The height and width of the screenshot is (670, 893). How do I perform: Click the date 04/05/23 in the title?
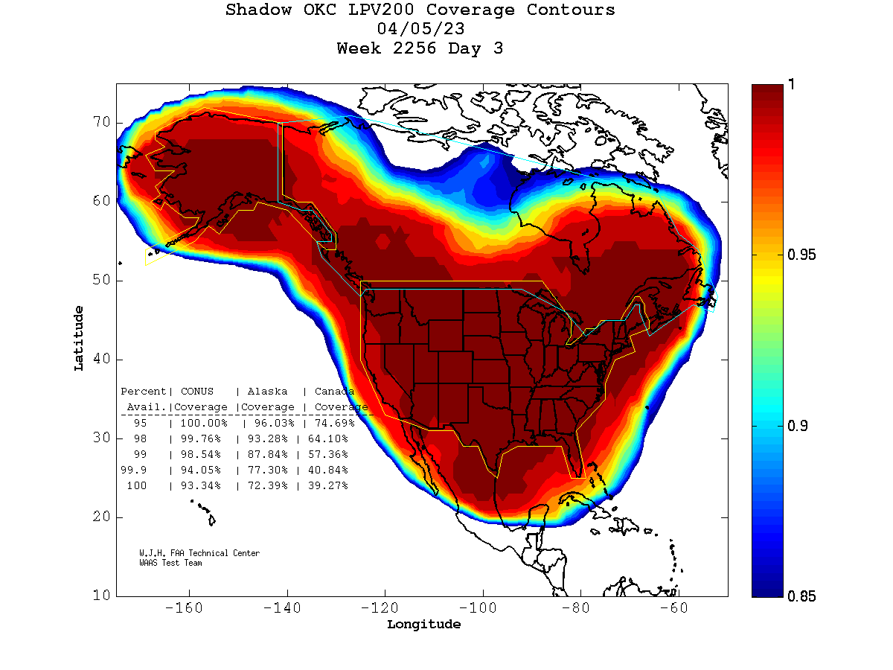pos(421,30)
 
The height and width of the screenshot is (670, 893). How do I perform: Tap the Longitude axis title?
pos(423,625)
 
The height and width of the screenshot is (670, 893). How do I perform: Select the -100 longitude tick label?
pos(482,608)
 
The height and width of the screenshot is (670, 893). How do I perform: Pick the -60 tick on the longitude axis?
pos(678,608)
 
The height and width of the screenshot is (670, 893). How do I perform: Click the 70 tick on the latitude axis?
pos(101,122)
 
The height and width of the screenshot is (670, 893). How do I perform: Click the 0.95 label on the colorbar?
pos(801,255)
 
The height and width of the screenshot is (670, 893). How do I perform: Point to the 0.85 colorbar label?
pos(801,596)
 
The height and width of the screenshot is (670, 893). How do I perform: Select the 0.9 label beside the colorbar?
pos(798,426)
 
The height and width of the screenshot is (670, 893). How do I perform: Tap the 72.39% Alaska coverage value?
pos(264,485)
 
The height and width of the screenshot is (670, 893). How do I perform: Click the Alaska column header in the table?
pos(267,392)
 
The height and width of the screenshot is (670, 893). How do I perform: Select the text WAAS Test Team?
pos(170,563)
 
